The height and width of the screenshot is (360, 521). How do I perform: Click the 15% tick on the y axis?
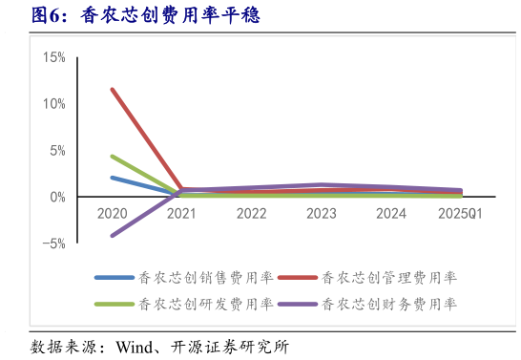pos(53,57)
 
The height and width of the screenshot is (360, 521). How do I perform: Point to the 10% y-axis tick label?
pos(53,103)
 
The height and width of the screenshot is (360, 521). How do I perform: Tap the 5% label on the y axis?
pos(56,150)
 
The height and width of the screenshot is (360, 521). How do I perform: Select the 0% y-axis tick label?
pos(56,197)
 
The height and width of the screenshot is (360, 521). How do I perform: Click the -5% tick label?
pos(53,244)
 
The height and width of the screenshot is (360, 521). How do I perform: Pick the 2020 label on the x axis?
pos(112,214)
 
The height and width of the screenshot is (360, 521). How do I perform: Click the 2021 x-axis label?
pos(181,214)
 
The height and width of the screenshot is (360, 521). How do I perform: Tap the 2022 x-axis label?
pos(251,214)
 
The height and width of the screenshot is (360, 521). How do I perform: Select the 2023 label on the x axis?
pos(322,214)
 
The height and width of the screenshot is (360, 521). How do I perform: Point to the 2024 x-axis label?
pos(391,214)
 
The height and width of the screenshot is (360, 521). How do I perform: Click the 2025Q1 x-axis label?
pos(460,214)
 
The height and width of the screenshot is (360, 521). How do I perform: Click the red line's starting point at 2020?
pos(112,89)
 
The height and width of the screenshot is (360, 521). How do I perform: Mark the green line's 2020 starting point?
pos(112,156)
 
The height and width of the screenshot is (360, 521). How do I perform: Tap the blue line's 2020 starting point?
pos(112,177)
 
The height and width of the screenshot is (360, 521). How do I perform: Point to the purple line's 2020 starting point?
pos(112,236)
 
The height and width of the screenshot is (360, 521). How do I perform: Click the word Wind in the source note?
pos(137,346)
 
